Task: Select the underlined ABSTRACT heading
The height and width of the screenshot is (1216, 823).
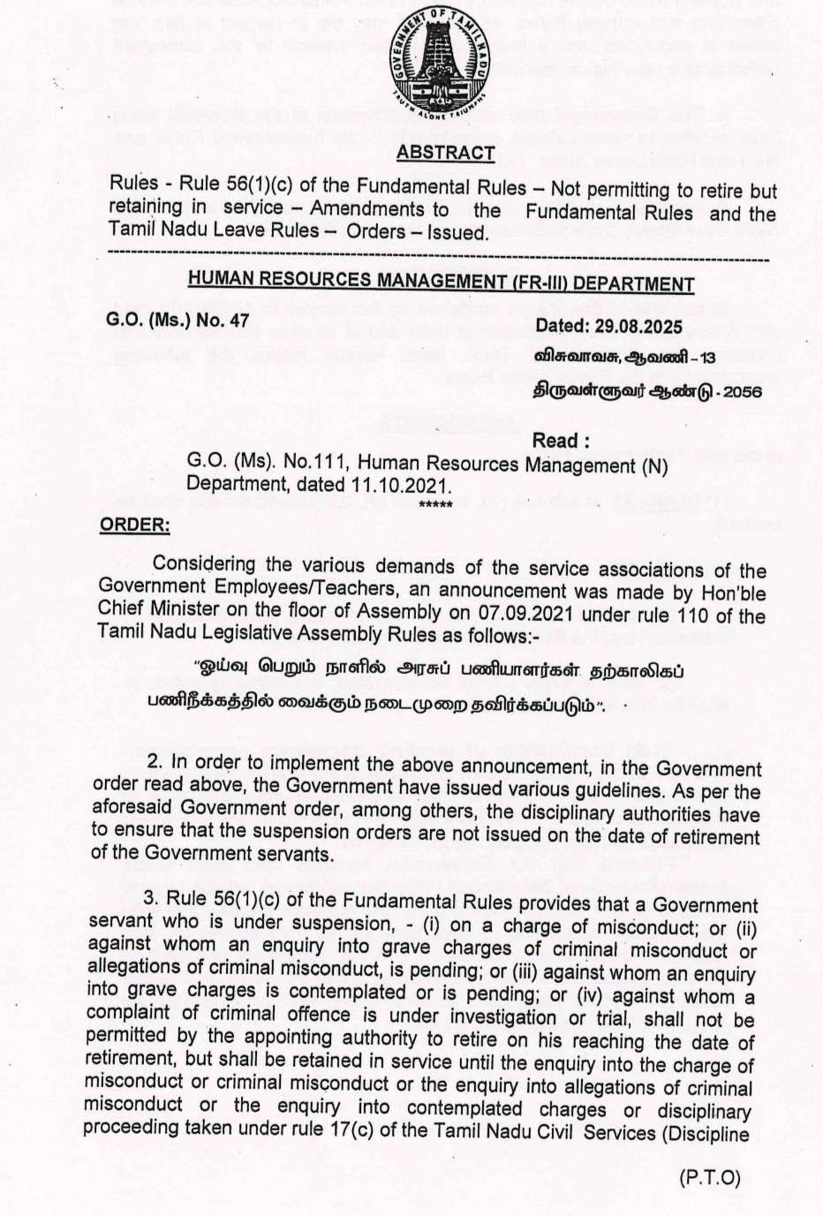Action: (445, 153)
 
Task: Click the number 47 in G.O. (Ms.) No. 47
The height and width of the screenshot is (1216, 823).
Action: (238, 320)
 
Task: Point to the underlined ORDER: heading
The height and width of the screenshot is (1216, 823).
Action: (134, 525)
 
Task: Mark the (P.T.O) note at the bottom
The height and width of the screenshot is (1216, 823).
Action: (710, 1178)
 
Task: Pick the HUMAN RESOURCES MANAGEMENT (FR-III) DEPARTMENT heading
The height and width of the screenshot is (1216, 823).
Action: (441, 283)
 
